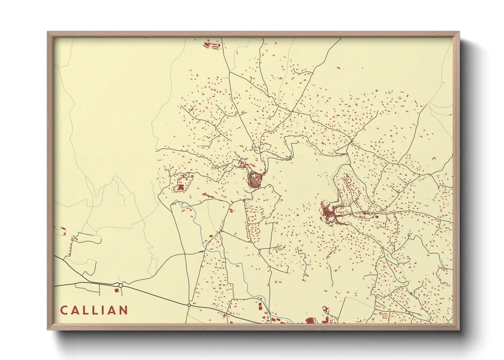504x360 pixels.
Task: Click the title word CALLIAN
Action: coord(94,310)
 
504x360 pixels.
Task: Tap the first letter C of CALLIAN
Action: coord(64,310)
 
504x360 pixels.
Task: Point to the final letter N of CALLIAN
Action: coord(124,310)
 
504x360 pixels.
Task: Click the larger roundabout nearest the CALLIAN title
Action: coord(121,285)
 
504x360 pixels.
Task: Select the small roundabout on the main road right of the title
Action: coord(189,305)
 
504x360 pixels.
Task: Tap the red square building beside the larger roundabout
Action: coord(116,291)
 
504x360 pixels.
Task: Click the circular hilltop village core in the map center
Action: coord(254,179)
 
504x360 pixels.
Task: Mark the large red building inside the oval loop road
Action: coord(180,187)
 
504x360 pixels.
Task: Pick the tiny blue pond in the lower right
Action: coord(411,293)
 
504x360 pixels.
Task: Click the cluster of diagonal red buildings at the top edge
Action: coord(207,45)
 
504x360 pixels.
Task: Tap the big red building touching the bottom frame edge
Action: coord(310,321)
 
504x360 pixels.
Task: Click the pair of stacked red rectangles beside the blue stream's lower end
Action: coord(261,306)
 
